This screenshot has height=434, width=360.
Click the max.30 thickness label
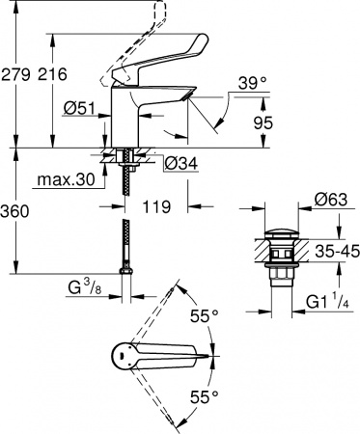[x=66, y=178]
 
